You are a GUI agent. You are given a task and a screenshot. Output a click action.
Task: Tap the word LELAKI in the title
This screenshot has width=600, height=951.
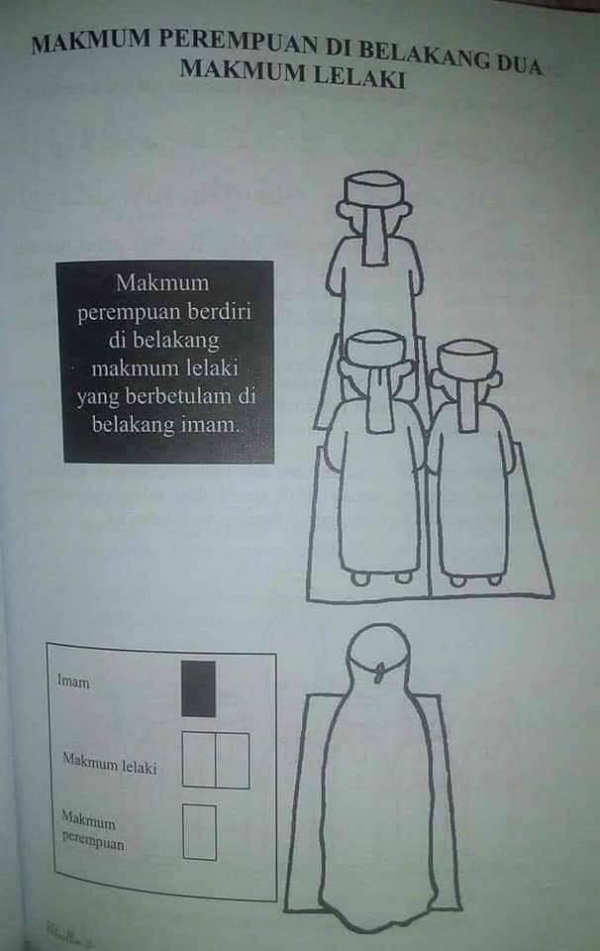click(x=358, y=77)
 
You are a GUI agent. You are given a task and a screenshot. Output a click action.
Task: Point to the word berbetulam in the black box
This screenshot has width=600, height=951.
click(x=179, y=396)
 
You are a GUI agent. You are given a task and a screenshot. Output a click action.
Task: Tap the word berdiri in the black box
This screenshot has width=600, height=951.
click(x=219, y=311)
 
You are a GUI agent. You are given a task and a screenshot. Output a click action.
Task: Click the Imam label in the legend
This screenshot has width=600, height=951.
click(x=73, y=682)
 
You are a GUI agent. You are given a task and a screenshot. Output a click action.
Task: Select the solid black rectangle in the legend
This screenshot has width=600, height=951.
click(x=198, y=689)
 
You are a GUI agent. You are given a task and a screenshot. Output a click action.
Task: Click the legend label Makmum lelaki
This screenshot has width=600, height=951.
click(x=110, y=763)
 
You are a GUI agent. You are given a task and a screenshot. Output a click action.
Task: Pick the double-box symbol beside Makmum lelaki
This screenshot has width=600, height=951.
click(x=216, y=760)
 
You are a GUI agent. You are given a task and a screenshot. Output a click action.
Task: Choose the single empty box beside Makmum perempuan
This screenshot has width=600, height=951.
click(x=199, y=832)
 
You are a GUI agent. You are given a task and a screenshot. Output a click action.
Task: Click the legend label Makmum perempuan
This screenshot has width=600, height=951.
click(x=93, y=830)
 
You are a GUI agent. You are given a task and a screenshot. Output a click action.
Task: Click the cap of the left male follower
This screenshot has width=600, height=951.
click(x=374, y=348)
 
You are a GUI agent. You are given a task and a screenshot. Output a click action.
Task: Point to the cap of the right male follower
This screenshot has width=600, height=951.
click(x=467, y=356)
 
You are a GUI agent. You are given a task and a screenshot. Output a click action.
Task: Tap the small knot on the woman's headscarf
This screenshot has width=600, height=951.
click(x=380, y=672)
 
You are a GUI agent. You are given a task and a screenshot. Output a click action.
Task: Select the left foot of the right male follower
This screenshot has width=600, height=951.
click(x=458, y=581)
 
